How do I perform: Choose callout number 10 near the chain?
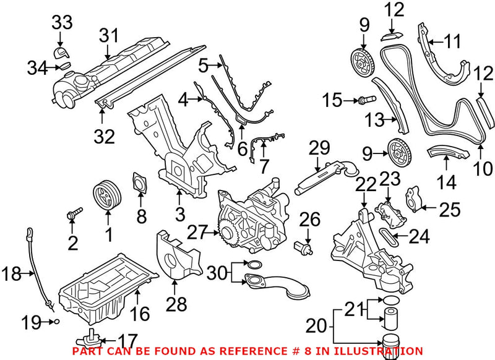(x=483, y=168)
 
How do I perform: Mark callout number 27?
(x=197, y=232)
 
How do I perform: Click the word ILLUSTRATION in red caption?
(x=387, y=351)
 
